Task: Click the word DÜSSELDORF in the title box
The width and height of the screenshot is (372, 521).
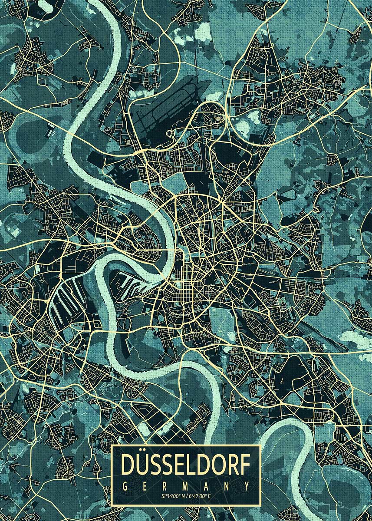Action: (x=186, y=465)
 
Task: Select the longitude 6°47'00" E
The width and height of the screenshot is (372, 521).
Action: (x=200, y=495)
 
